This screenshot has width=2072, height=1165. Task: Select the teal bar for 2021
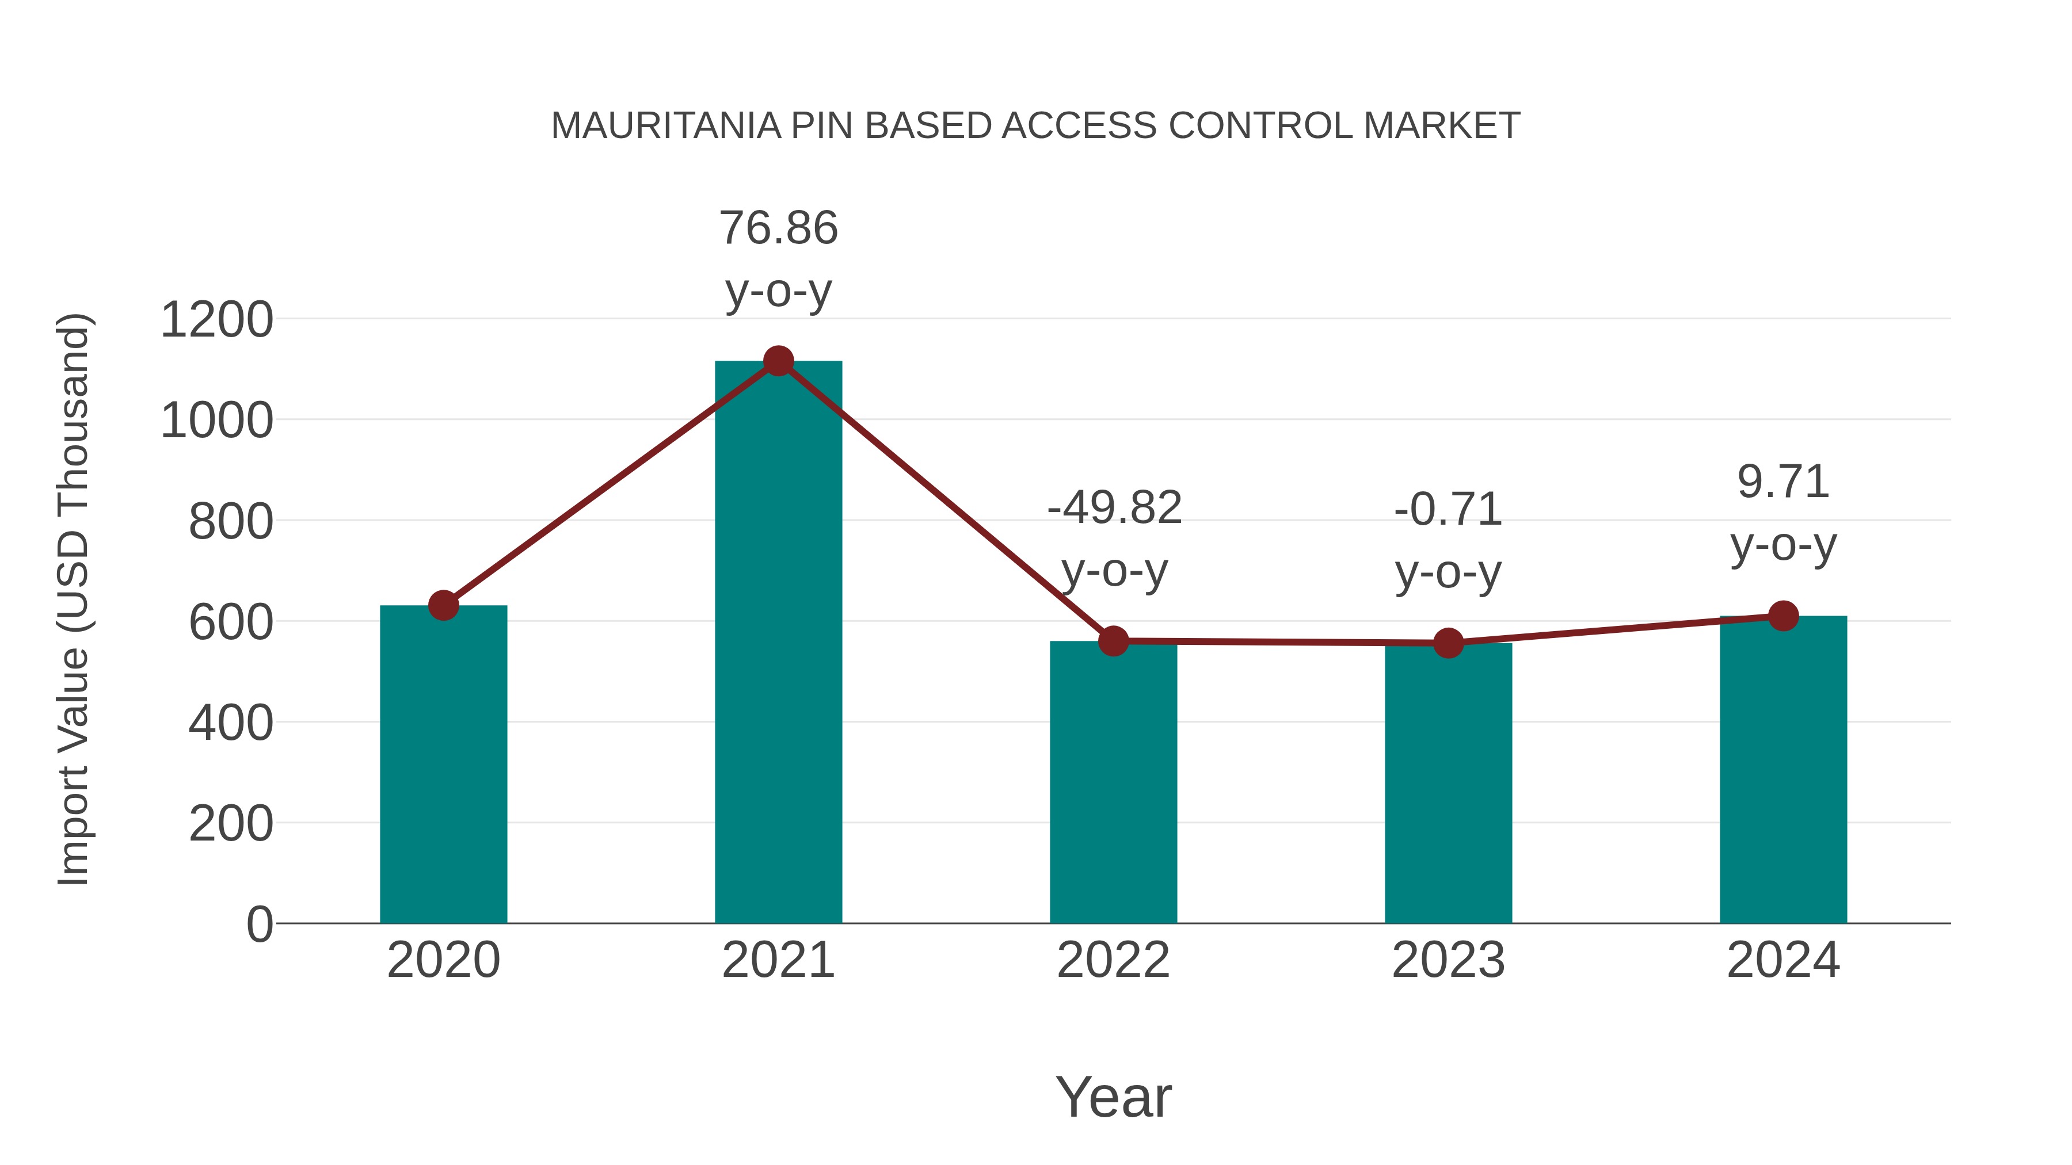(x=778, y=643)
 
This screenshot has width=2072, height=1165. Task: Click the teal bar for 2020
(x=443, y=764)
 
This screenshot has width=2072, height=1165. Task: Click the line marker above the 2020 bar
(x=443, y=605)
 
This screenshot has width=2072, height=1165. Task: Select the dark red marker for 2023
(x=1448, y=643)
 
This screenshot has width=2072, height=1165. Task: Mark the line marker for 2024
(x=1782, y=616)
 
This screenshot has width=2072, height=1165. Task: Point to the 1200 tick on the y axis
(x=216, y=320)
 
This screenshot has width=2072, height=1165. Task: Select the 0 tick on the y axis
(x=259, y=925)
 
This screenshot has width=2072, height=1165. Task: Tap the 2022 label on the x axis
(x=1113, y=960)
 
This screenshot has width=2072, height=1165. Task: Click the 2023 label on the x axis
(x=1448, y=960)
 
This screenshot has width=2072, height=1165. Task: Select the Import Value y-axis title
(x=74, y=599)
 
